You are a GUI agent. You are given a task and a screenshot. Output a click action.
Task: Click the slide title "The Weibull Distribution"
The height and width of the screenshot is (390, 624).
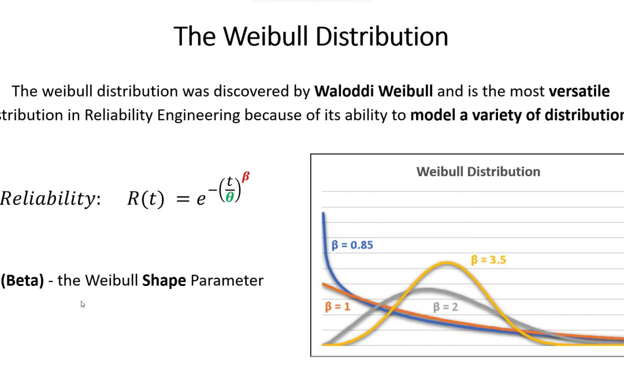[x=311, y=36]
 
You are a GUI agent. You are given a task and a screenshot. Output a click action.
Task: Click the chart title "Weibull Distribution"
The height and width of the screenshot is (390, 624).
[x=478, y=172]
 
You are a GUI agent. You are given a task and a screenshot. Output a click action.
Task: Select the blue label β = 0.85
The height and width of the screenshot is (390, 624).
[x=352, y=245]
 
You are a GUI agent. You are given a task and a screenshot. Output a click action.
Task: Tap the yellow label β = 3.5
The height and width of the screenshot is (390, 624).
[x=488, y=260]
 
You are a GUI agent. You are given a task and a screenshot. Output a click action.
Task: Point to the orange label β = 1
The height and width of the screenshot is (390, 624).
[x=337, y=306]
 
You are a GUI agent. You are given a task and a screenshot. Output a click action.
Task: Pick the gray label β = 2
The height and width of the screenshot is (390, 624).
[x=445, y=307]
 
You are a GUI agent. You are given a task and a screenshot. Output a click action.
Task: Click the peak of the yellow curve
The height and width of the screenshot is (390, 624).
[x=448, y=263]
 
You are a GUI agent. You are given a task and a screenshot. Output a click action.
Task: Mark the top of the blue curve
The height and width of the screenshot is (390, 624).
[x=323, y=215]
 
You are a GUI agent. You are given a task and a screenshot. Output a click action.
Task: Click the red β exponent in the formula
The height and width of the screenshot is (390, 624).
[x=246, y=177]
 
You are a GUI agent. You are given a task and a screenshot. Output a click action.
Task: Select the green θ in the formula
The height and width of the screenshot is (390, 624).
[x=229, y=198]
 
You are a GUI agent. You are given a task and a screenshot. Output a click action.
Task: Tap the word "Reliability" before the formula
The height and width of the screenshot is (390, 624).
[x=49, y=199]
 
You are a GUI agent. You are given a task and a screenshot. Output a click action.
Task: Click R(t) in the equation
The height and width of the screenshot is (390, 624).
[x=146, y=199]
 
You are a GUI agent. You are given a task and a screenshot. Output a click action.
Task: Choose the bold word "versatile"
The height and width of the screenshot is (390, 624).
[x=578, y=91]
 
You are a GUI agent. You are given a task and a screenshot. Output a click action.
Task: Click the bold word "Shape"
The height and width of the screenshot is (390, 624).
[x=164, y=281]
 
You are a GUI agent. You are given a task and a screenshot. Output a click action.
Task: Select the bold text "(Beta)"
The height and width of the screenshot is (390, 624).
[x=23, y=281]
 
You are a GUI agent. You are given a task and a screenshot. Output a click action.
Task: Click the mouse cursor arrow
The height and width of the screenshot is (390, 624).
[x=83, y=304]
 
